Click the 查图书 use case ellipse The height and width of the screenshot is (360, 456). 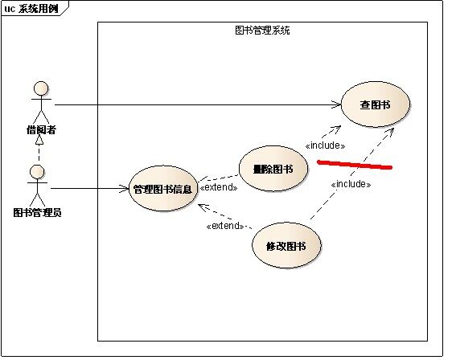(x=375, y=104)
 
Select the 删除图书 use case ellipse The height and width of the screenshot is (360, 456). (x=273, y=169)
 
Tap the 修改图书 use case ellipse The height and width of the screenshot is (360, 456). (x=286, y=246)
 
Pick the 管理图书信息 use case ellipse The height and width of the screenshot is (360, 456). (x=163, y=189)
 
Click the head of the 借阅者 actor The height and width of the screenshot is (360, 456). (x=41, y=88)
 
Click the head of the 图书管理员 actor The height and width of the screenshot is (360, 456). (x=37, y=172)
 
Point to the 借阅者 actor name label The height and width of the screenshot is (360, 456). (x=41, y=129)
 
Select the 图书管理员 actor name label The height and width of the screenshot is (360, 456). (x=37, y=212)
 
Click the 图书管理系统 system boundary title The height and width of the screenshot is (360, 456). (x=262, y=31)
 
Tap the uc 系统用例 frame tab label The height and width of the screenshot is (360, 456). (x=31, y=9)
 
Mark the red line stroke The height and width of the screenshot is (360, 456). (x=355, y=165)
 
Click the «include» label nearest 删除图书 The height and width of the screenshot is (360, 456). (x=325, y=145)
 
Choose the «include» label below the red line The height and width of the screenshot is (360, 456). (x=351, y=184)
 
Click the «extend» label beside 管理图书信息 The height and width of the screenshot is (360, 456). (x=219, y=187)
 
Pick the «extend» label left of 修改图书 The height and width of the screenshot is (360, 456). (x=225, y=226)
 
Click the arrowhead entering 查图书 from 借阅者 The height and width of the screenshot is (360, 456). (x=336, y=104)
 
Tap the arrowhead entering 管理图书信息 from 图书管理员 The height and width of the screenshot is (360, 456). (x=124, y=188)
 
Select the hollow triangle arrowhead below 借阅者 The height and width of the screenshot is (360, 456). (x=39, y=140)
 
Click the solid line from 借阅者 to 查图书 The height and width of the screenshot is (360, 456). (x=198, y=104)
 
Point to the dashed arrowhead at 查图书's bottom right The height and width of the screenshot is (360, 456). (x=390, y=132)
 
